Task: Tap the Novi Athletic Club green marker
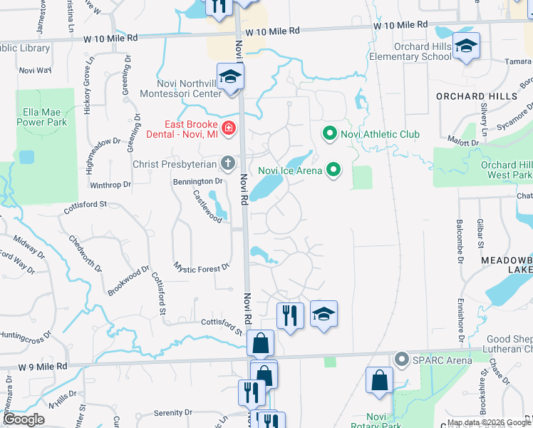329,133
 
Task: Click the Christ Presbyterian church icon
227,164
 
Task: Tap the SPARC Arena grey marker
401,360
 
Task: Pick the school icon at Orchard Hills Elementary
466,46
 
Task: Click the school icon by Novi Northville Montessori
231,77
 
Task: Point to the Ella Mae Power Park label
45,117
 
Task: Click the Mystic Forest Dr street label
201,267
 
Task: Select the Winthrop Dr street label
111,184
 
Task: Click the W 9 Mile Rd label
43,366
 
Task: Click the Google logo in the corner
24,419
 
